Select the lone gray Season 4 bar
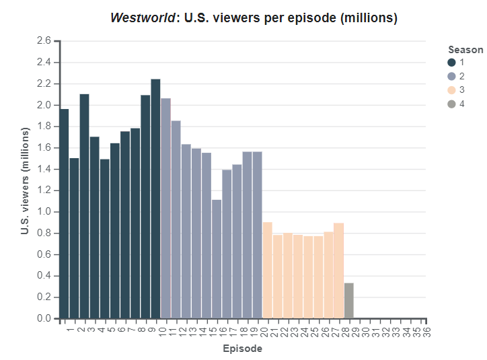pos(348,301)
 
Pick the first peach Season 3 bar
pos(267,270)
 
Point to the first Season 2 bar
pos(165,208)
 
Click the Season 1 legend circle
pos(451,62)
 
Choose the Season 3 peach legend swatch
pos(451,90)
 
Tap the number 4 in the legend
pos(461,104)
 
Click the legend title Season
pos(465,49)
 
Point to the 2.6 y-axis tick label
pos(44,41)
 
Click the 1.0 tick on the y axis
pos(44,212)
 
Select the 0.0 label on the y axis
pos(44,318)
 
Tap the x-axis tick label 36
pos(426,330)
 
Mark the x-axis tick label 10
pos(162,330)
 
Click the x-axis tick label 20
pos(264,330)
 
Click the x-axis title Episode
pos(242,349)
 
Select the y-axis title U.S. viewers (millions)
pos(25,180)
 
